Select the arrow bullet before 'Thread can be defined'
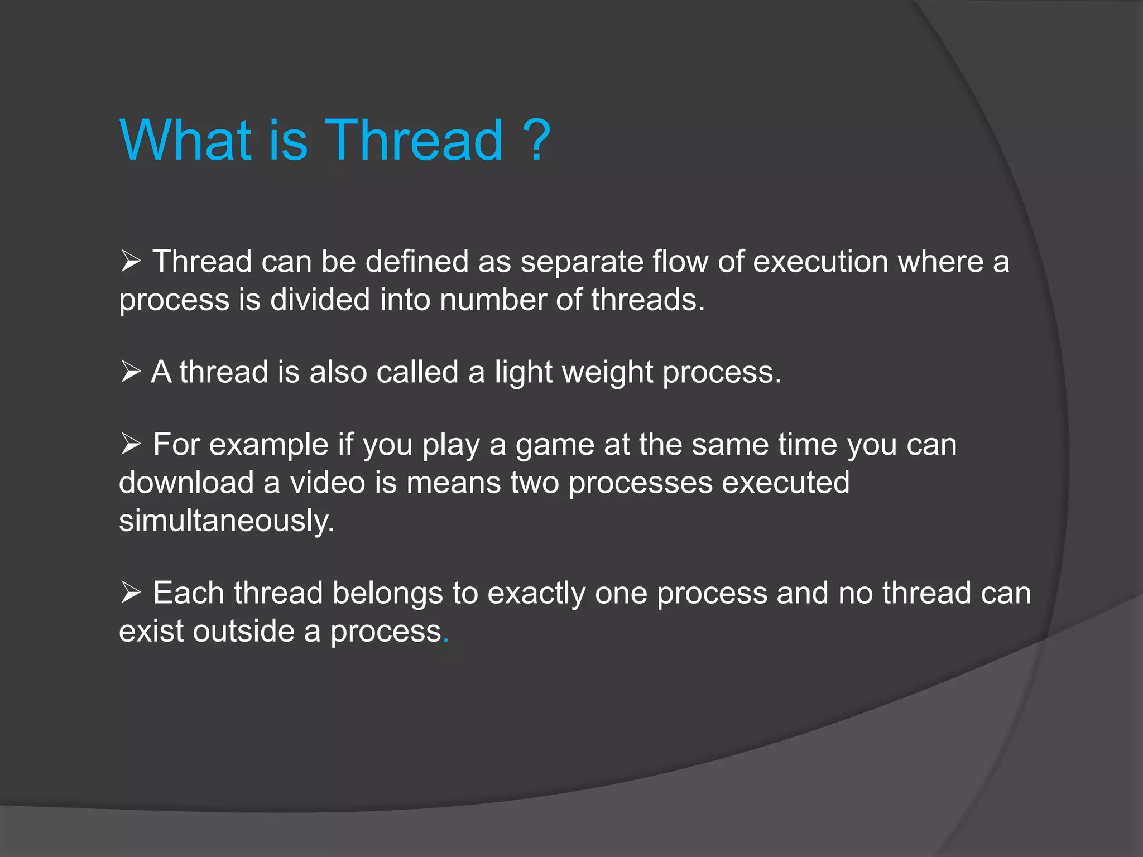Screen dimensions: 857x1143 pyautogui.click(x=131, y=261)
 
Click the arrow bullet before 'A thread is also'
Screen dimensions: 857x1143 pyautogui.click(x=131, y=372)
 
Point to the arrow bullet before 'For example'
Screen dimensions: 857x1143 pyautogui.click(x=131, y=445)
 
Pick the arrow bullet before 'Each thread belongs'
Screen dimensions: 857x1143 pyautogui.click(x=131, y=593)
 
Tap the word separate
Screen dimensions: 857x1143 pyautogui.click(x=582, y=262)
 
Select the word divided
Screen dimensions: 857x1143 pyautogui.click(x=320, y=300)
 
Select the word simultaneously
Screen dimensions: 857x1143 pyautogui.click(x=226, y=521)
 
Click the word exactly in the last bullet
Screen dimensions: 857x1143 pyautogui.click(x=536, y=594)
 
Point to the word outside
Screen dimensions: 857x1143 pyautogui.click(x=244, y=631)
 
